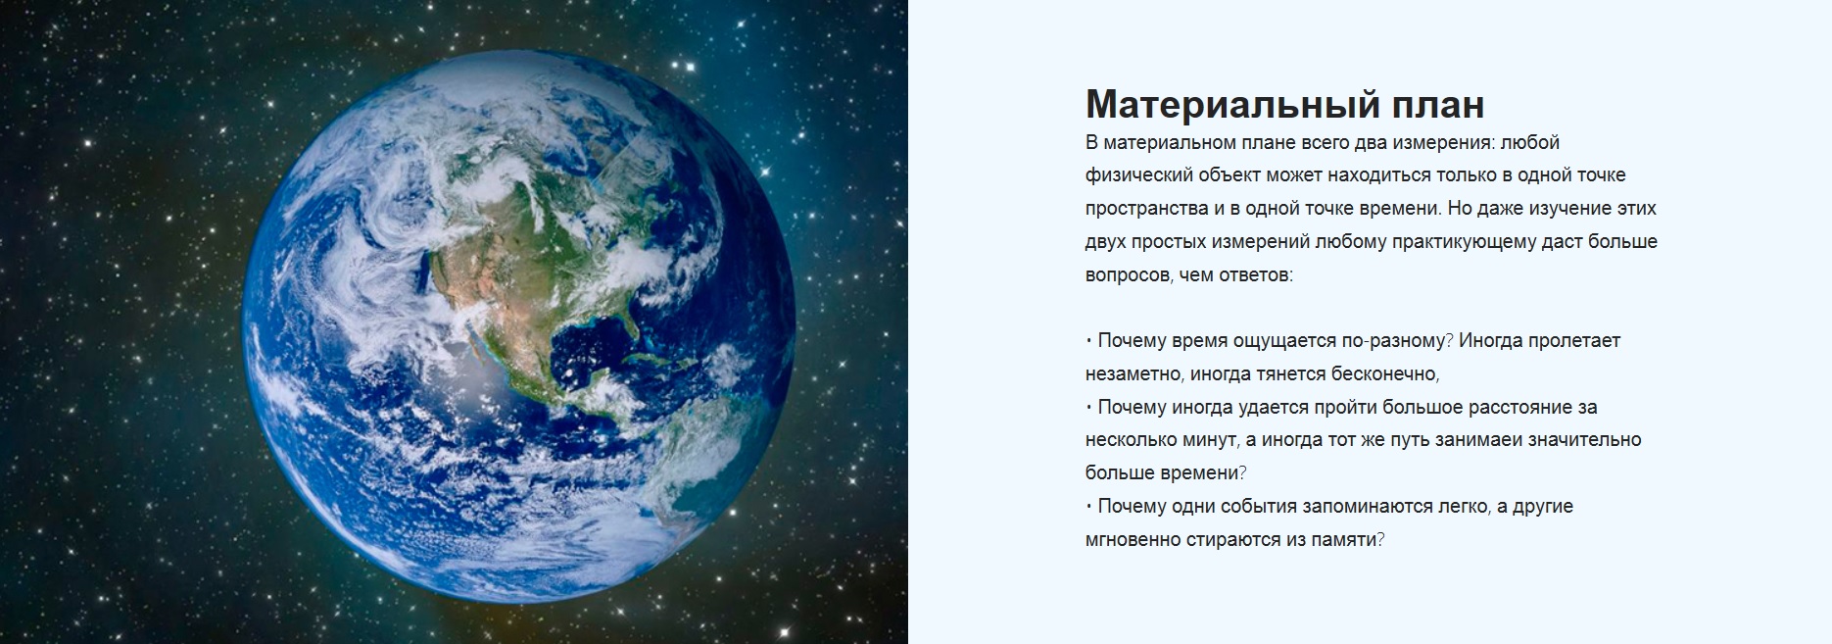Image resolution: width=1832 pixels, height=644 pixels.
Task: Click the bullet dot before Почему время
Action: [x=1088, y=341]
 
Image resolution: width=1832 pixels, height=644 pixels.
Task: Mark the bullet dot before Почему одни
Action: [x=1088, y=507]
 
